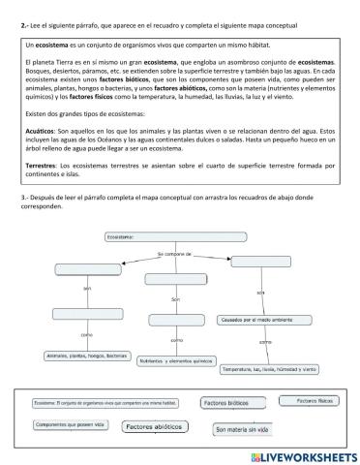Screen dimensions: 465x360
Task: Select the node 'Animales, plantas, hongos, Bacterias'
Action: coord(87,356)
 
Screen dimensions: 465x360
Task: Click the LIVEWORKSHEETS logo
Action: coord(301,454)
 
